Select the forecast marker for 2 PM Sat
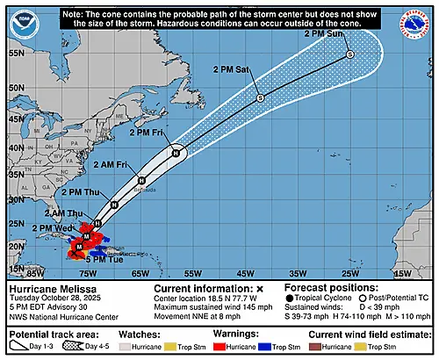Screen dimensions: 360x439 pos(260,97)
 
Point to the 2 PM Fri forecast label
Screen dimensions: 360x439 pos(146,133)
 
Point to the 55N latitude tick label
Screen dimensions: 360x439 pos(14,52)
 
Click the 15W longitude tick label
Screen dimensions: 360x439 pos(400,274)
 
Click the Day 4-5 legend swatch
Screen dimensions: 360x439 pos(76,346)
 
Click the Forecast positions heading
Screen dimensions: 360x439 pos(325,287)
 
